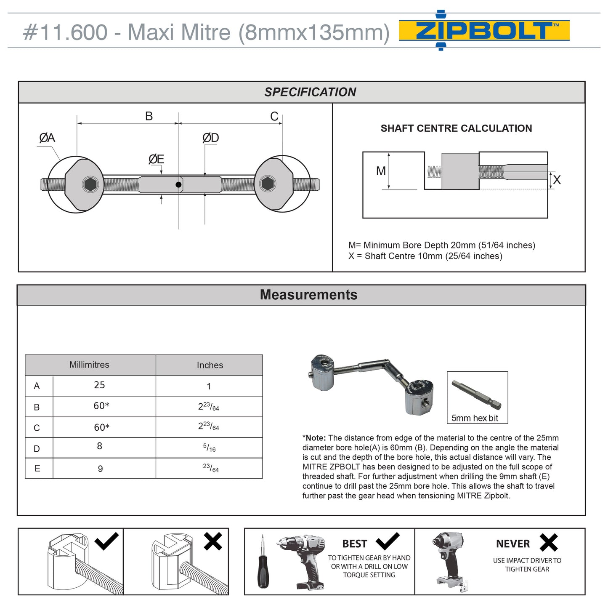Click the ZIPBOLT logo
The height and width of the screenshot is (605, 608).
pos(484,31)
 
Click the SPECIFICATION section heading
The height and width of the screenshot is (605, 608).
pos(310,92)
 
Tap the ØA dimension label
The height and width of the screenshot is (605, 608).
pos(47,138)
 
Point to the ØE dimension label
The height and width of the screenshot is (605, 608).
pos(156,159)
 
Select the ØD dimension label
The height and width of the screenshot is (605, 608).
pos(210,138)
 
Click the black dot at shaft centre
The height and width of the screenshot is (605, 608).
pos(178,184)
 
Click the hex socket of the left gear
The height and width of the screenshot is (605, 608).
pos(91,184)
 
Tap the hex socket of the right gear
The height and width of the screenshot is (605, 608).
pos(268,184)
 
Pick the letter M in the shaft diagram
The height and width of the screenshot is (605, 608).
pos(381,171)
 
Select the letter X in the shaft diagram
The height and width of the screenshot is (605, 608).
pos(557,180)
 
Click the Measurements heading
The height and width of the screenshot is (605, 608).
pos(308,295)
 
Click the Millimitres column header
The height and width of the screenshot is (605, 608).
pos(89,365)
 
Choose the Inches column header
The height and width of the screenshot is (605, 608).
pos(210,365)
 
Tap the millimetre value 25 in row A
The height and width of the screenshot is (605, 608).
pos(100,385)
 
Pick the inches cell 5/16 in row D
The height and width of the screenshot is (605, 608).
pos(209,448)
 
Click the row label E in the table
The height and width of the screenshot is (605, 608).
pos(37,468)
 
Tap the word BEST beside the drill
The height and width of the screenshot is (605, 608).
pos(354,544)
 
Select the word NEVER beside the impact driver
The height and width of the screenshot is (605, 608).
pos(512,544)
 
